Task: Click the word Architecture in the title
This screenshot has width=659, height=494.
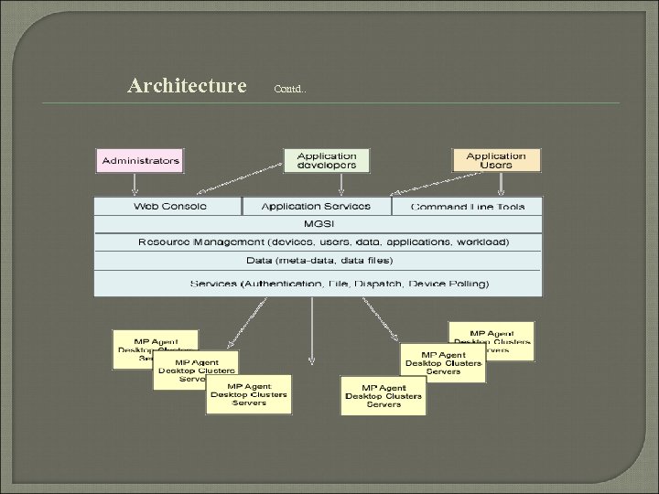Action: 188,86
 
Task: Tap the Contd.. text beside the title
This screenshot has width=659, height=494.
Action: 292,89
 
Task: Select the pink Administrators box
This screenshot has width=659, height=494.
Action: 141,160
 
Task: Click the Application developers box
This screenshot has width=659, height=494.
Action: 327,160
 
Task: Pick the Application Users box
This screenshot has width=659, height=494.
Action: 496,160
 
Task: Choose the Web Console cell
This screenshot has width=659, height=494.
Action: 169,207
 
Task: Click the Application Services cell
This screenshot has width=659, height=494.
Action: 317,207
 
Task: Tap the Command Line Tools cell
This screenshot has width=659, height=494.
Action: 468,207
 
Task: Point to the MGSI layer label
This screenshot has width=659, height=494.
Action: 318,224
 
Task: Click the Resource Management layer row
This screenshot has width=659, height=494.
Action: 318,242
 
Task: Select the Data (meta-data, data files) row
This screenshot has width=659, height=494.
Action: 318,261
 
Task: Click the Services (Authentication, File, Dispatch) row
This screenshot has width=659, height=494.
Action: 318,284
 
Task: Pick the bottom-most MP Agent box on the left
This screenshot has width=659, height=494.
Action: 249,394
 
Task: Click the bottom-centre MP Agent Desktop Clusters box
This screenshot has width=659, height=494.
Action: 384,395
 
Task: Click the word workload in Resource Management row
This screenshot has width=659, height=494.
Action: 485,242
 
